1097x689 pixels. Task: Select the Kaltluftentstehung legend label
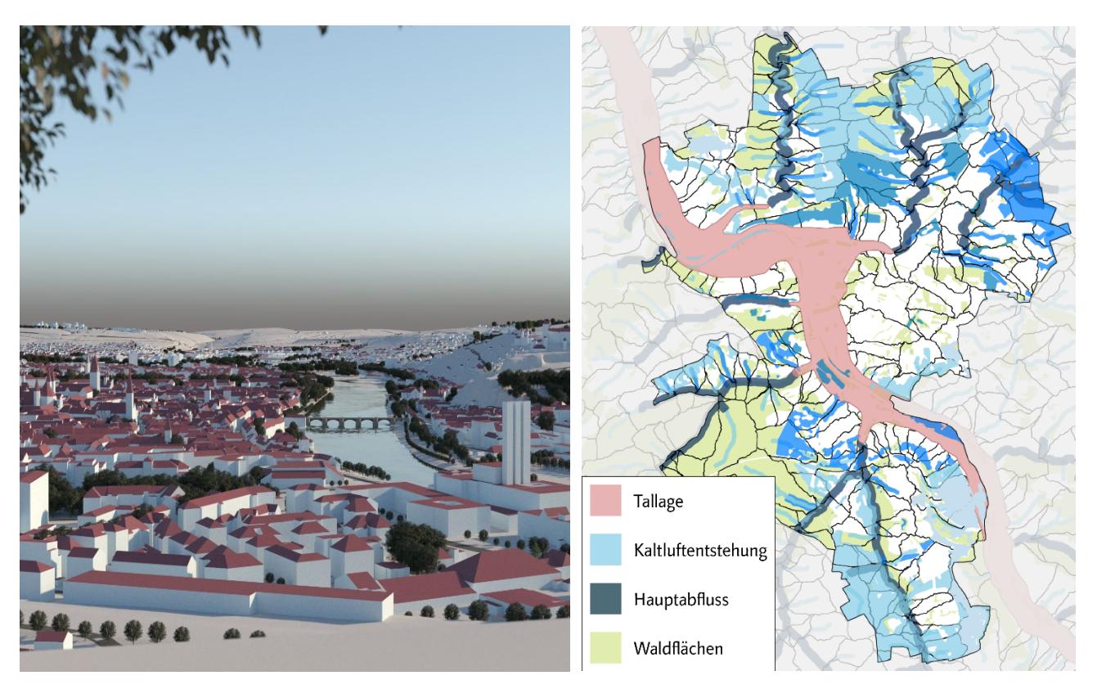(699, 550)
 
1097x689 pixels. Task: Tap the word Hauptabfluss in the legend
(681, 600)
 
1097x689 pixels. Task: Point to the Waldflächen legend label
(678, 650)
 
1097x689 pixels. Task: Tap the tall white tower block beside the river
(516, 442)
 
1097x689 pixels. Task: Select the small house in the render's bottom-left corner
(52, 639)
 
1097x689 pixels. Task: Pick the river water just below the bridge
(360, 450)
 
